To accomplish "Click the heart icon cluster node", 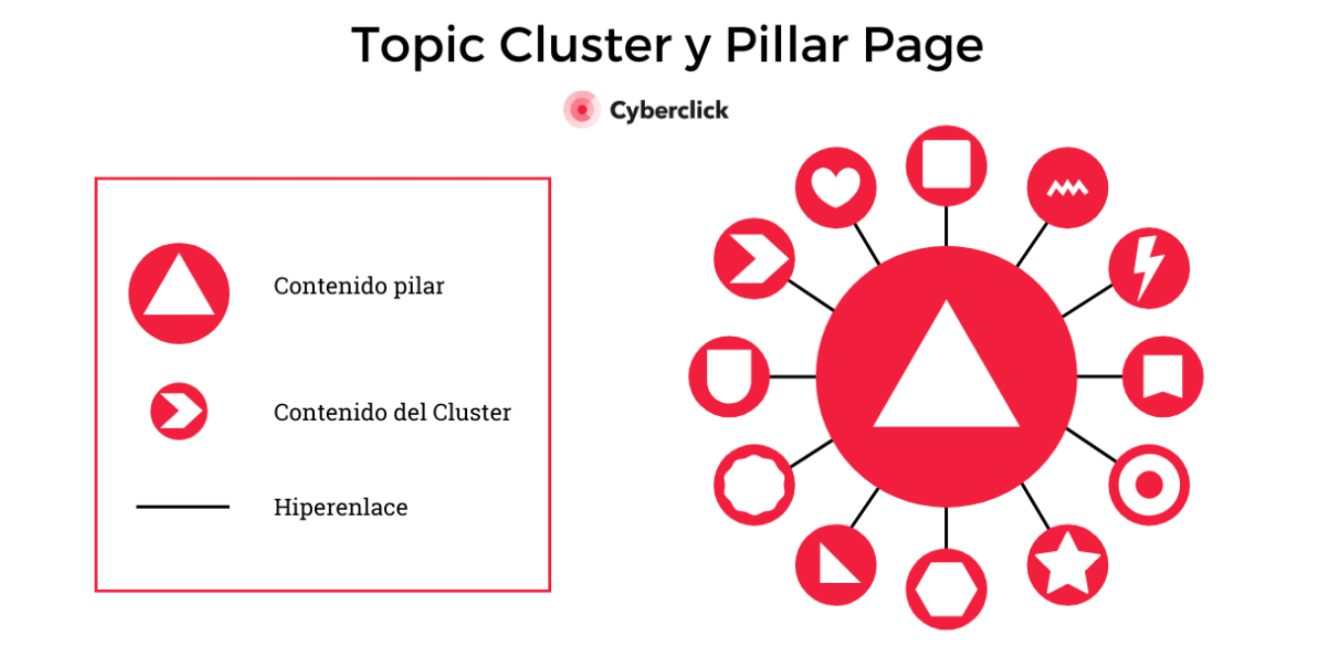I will (x=835, y=187).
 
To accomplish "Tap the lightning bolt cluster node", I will (x=1148, y=267).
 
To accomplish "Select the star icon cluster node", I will (x=1066, y=566).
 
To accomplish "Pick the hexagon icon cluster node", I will (x=946, y=589).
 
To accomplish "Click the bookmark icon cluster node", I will (x=1162, y=376).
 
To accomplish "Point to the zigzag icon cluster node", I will (x=1067, y=187).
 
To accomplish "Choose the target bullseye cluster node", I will (x=1148, y=485).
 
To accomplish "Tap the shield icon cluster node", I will (x=729, y=376).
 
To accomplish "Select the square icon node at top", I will (x=946, y=165).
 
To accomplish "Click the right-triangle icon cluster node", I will (x=835, y=566).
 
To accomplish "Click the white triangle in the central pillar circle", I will (x=946, y=375).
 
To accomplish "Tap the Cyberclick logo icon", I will (x=582, y=110).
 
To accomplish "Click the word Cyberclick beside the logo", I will (x=669, y=110).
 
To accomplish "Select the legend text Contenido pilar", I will (x=358, y=287).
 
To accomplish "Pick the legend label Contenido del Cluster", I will (x=392, y=412).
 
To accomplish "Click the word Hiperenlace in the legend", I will (x=340, y=508).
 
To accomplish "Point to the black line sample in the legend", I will (x=183, y=507).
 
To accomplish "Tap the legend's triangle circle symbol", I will (x=179, y=293).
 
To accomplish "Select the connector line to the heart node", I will (x=867, y=244).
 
